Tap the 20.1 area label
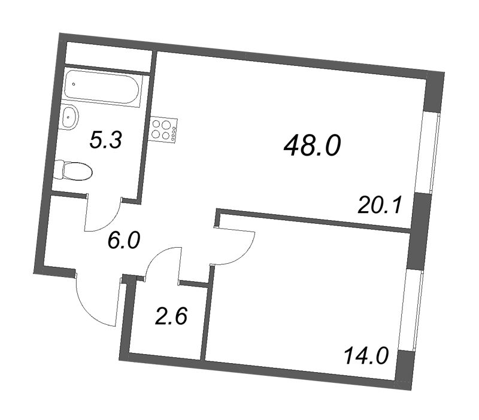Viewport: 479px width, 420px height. click(378, 205)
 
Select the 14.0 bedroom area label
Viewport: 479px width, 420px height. click(366, 357)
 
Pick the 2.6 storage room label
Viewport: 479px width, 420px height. click(171, 315)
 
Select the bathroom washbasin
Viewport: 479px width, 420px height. click(70, 117)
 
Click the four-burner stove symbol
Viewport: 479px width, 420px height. click(164, 130)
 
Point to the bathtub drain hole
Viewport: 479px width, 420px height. click(74, 84)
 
